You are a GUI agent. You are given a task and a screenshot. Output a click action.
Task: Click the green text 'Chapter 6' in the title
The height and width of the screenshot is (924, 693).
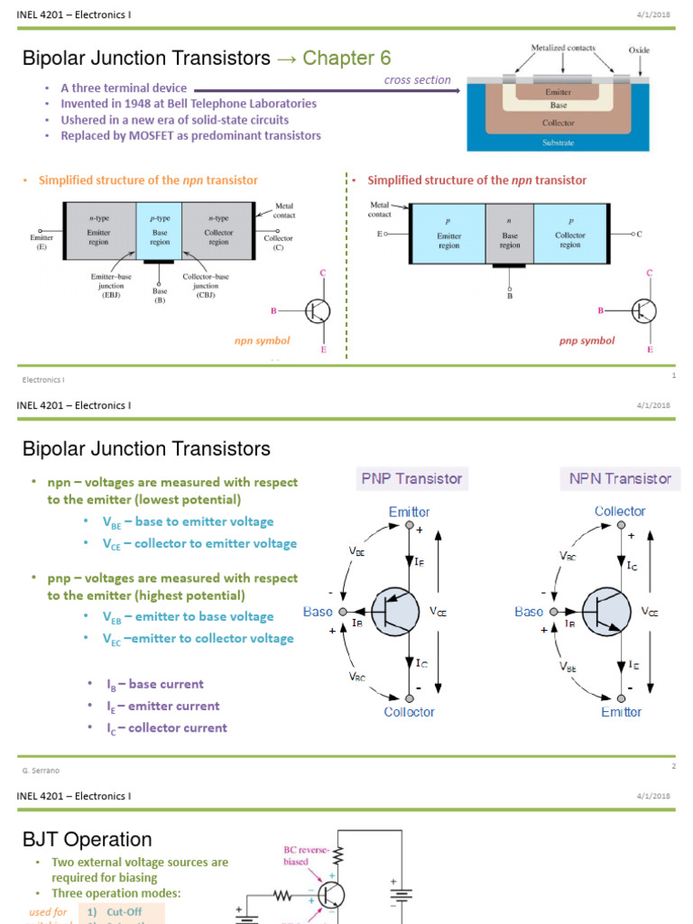[346, 59]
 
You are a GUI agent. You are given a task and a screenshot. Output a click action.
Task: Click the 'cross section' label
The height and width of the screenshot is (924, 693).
[417, 80]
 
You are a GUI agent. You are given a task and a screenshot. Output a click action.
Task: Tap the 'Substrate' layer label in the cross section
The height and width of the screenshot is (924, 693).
[558, 143]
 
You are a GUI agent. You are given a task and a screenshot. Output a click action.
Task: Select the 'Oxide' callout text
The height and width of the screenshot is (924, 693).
[638, 51]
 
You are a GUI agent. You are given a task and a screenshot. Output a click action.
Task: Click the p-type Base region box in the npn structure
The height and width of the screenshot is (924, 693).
[160, 230]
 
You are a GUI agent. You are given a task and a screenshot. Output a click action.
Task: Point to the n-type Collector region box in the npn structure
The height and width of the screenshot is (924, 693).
[218, 230]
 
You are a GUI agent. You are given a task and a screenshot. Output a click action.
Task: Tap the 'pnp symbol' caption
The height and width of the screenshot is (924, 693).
[587, 341]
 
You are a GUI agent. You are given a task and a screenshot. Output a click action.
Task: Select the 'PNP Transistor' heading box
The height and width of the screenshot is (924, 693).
[411, 478]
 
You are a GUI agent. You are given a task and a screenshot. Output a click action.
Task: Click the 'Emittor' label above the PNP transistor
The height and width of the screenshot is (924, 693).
[409, 512]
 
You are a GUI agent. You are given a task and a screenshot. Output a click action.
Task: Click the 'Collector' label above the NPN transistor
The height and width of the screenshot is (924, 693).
[620, 512]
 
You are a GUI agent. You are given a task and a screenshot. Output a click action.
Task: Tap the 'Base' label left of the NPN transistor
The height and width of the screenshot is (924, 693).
[529, 612]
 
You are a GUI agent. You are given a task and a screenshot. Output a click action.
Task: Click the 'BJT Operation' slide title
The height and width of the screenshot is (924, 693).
[88, 840]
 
